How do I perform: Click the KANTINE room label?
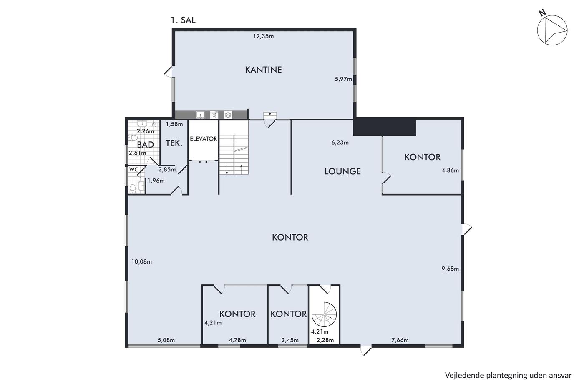pos(263,70)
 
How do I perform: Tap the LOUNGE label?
pos(342,171)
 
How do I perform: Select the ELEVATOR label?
pos(204,139)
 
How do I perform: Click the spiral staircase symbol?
pos(325,314)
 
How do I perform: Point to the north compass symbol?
pos(552,30)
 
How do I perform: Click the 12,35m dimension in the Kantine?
pos(264,36)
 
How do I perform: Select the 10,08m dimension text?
pos(141,261)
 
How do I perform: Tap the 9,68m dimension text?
pos(450,269)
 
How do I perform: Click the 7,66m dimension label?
pos(400,340)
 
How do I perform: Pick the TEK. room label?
pos(174,143)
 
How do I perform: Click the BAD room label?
pos(146,145)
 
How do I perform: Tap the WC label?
pos(134,170)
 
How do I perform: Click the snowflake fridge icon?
pos(228,115)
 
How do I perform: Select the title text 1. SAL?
pos(183,20)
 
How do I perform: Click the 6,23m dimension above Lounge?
pos(340,143)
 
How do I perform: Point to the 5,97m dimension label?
pos(343,79)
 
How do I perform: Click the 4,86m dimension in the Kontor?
pos(450,171)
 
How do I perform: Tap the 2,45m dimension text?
pos(290,340)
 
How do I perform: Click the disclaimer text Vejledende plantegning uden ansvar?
pos(508,376)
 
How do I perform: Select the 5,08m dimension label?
pos(166,340)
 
